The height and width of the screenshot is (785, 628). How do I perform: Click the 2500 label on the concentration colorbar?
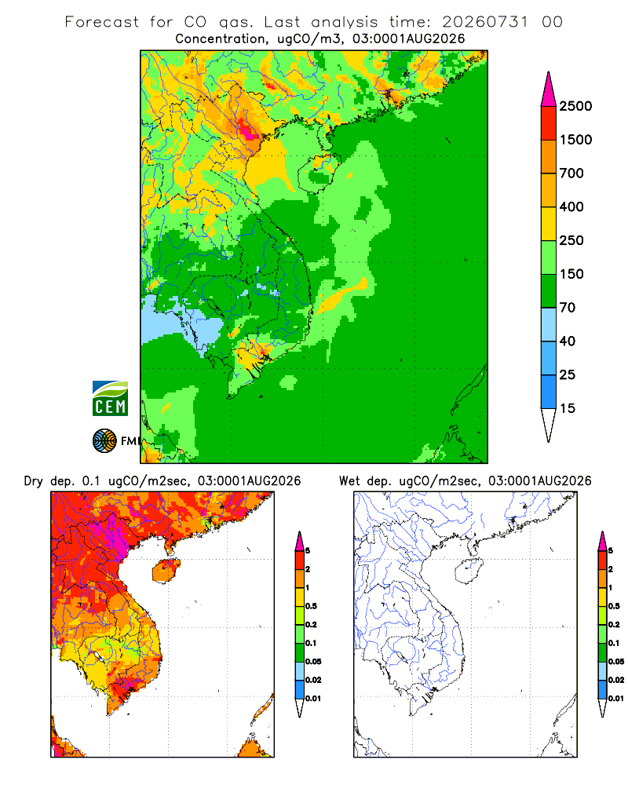point(575,106)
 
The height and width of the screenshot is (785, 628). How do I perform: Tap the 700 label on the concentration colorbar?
point(571,173)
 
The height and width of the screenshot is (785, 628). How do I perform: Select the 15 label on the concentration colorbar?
point(568,408)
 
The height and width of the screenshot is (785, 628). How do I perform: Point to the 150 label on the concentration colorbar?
point(571,274)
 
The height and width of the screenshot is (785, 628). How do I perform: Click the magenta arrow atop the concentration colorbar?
point(549,90)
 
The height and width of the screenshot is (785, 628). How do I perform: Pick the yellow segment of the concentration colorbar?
point(549,224)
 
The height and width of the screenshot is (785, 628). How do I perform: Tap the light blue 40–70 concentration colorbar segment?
point(549,324)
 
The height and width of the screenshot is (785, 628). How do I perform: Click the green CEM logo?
point(110,399)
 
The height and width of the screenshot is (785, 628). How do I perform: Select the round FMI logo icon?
point(104,441)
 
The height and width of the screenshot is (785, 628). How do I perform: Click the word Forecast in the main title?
point(102,22)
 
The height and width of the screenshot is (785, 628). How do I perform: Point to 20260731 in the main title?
point(485,22)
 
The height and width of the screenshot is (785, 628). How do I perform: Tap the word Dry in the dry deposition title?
point(34,481)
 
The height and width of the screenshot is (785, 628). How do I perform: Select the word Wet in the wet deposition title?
point(349,481)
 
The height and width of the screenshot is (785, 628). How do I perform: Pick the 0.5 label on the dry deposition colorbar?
point(312,606)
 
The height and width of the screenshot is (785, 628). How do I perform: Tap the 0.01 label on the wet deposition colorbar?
point(616,699)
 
